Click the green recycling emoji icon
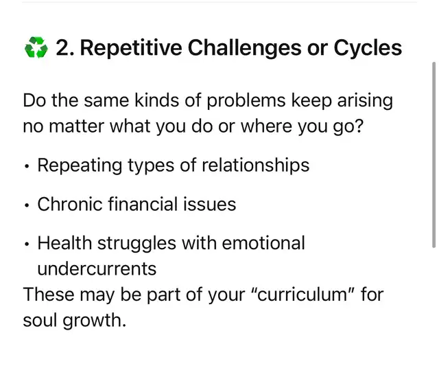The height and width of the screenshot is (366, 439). point(36,47)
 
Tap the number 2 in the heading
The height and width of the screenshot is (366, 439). point(62,47)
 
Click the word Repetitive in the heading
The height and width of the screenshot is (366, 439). point(131,48)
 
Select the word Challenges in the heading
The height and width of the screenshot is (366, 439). point(244,48)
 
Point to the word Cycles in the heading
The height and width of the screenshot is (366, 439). point(368,48)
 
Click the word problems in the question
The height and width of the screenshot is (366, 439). point(246,101)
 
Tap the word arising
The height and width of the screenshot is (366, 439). point(365,101)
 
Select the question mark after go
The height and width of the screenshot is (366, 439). point(359,126)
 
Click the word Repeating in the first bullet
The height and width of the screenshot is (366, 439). point(80,165)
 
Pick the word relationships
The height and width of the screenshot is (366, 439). point(256,165)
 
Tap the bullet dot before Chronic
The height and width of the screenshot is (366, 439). point(27,206)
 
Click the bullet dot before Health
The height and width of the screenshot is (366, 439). point(27,244)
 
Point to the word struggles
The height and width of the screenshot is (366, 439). point(137,243)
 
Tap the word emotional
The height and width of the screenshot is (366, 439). point(263,242)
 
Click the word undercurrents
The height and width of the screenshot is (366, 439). point(97,268)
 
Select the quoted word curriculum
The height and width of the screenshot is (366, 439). point(302,295)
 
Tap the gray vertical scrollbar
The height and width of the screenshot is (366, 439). point(434,155)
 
